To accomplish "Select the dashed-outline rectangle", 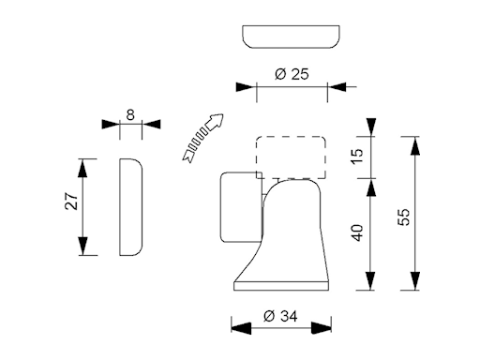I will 291,157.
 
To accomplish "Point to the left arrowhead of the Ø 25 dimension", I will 247,87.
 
